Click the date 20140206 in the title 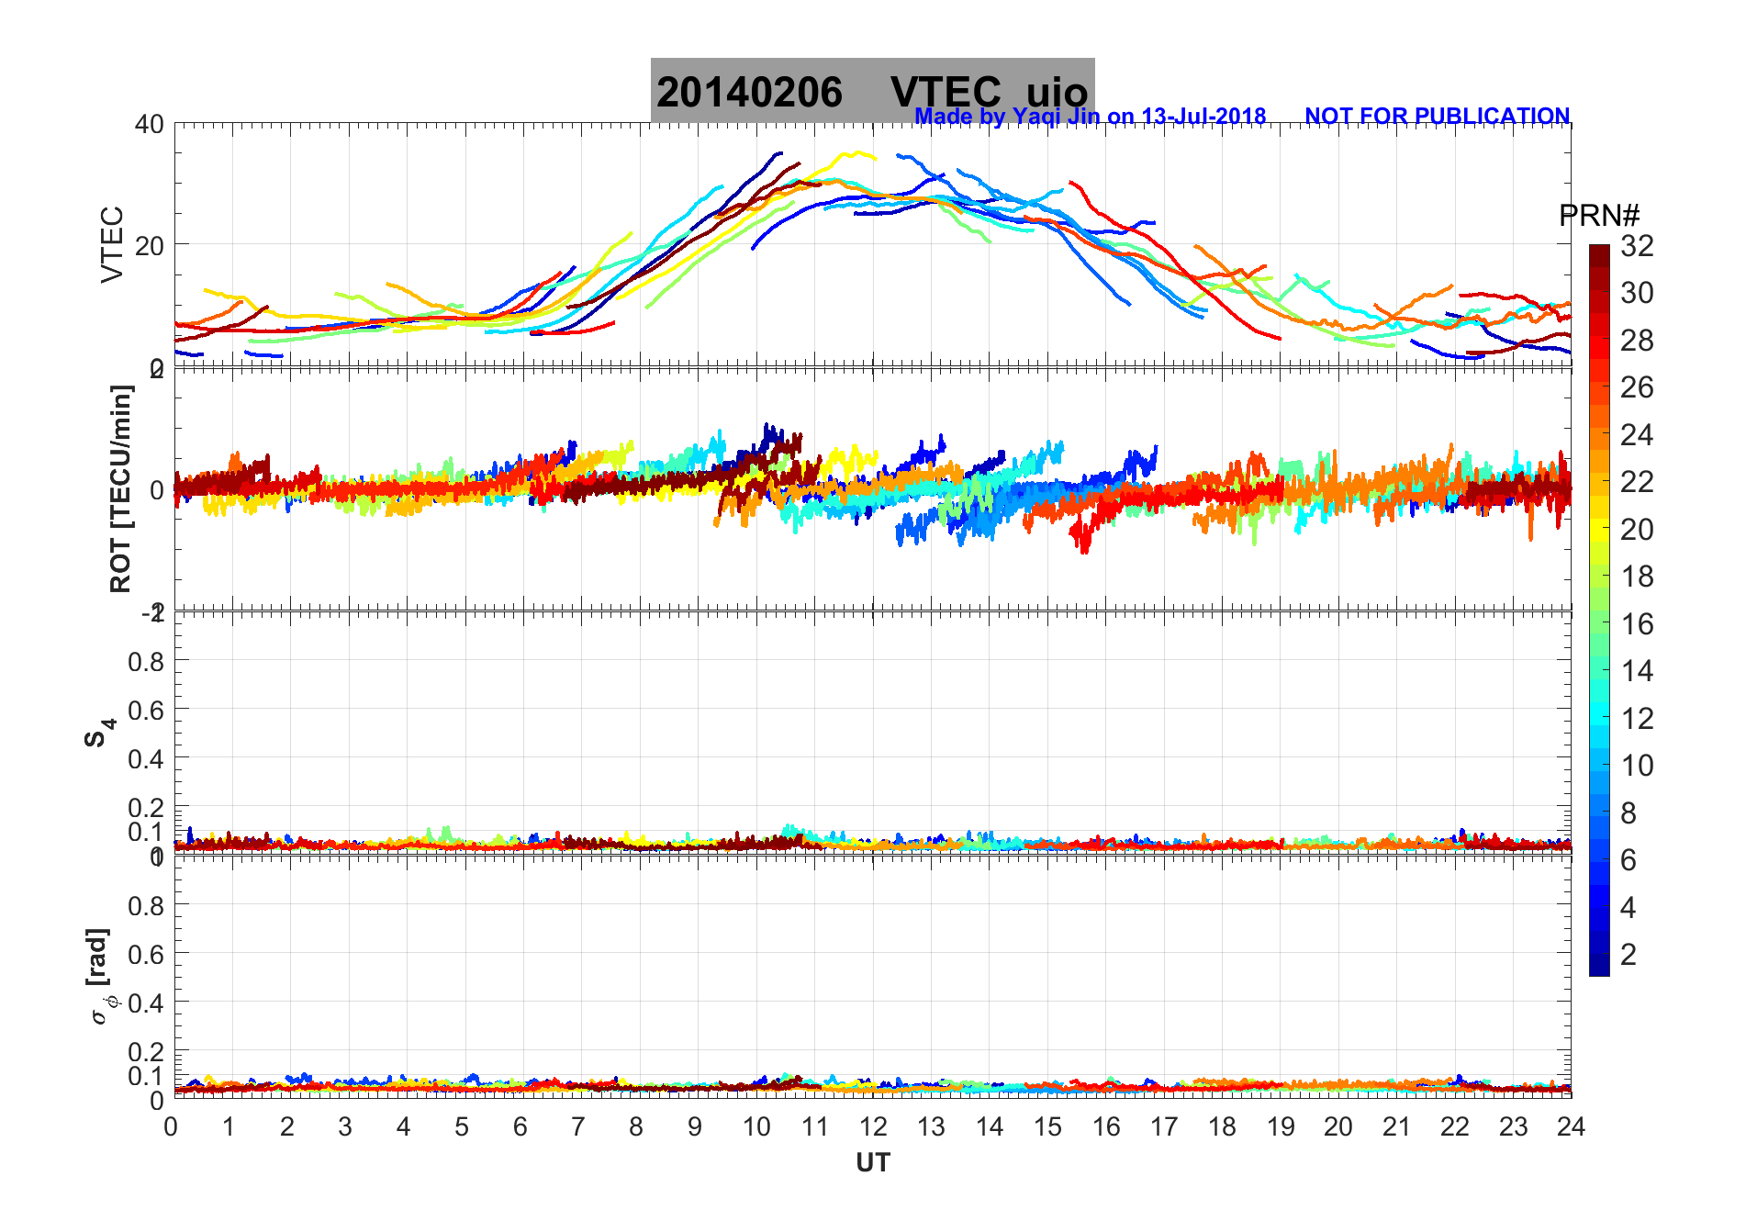pos(749,93)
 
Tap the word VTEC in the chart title pos(946,93)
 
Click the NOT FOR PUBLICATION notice pos(1437,117)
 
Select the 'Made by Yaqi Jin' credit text pos(1090,117)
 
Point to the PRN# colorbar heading pos(1599,216)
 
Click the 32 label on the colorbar pos(1637,246)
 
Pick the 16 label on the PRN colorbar pos(1637,624)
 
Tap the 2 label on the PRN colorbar pos(1628,955)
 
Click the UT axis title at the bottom pos(873,1163)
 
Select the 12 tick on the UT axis pos(873,1126)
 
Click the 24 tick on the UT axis pos(1571,1126)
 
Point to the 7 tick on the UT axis pos(578,1126)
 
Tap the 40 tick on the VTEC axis pos(150,124)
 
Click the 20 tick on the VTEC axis pos(150,245)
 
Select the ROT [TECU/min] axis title pos(120,488)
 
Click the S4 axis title pos(99,733)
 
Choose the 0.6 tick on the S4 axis pos(146,710)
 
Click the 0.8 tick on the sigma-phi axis pos(146,905)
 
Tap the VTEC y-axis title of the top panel pos(111,244)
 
